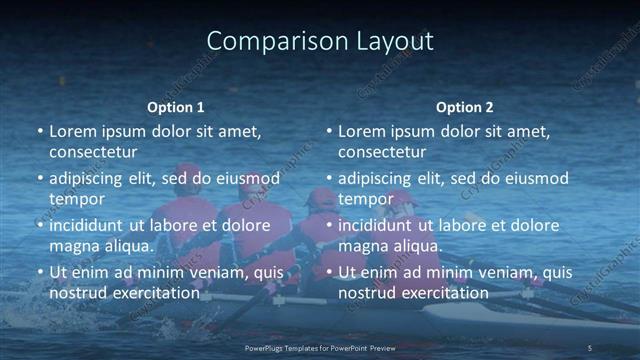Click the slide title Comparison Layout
[x=320, y=41]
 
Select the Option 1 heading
[x=175, y=107]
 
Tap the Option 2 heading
[x=464, y=107]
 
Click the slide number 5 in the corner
[x=589, y=347]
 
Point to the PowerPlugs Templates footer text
[x=320, y=347]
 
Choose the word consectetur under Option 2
[x=382, y=152]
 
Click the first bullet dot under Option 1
[x=40, y=131]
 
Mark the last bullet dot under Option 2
[x=329, y=272]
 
